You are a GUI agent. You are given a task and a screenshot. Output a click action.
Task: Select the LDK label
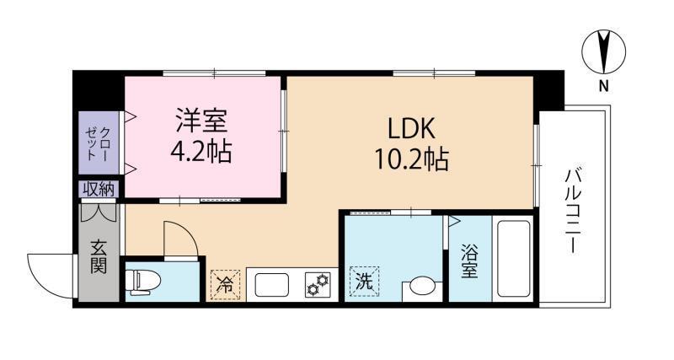coord(411,128)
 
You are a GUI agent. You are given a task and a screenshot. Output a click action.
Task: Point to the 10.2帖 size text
coord(411,159)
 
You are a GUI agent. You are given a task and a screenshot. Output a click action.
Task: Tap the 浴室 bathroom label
coord(470,264)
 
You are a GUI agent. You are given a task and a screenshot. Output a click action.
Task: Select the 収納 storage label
coord(99,190)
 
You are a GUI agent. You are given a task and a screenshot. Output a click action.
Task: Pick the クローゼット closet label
coord(98,144)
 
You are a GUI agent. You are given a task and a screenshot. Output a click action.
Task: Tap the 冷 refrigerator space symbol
coord(224,284)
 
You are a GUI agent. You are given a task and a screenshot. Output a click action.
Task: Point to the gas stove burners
coord(318,285)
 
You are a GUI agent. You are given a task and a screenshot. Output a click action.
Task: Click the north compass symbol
coord(604,51)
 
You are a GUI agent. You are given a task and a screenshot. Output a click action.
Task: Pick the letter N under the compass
coord(604,86)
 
